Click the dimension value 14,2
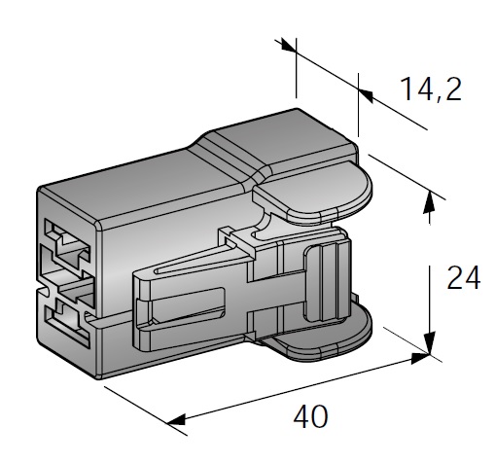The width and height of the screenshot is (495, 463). [428, 89]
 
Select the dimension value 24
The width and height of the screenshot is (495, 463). [463, 279]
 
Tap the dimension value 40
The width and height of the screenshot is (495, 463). [311, 417]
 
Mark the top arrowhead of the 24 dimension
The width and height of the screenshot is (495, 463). [429, 201]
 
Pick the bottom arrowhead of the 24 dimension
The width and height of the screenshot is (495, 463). [429, 344]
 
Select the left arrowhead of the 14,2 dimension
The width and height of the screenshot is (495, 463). [289, 46]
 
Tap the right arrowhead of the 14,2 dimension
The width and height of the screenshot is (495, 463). [366, 92]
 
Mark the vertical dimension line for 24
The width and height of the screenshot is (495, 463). [429, 272]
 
